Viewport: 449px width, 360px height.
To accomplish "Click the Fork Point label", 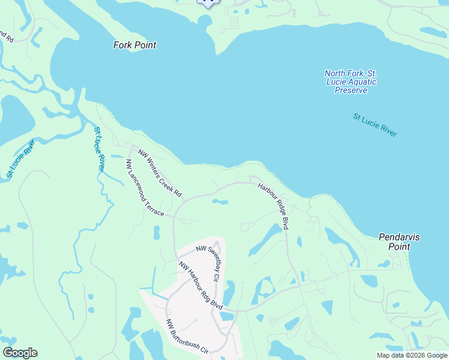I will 134,45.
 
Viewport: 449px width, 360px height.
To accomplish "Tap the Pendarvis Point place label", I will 399,242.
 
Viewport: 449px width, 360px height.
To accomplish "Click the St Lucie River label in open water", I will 375,125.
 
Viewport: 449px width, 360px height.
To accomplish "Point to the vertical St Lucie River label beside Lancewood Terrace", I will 100,148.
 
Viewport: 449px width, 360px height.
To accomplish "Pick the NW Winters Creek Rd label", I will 160,174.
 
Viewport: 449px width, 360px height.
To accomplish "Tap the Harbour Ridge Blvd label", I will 274,205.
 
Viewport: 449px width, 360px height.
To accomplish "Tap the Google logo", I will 20,353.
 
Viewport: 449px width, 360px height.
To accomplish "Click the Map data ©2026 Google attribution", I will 412,355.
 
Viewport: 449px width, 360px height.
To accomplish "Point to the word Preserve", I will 351,90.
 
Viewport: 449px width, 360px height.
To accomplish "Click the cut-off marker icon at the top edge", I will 208,3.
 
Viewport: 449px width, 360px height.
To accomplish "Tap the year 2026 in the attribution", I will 418,355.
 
